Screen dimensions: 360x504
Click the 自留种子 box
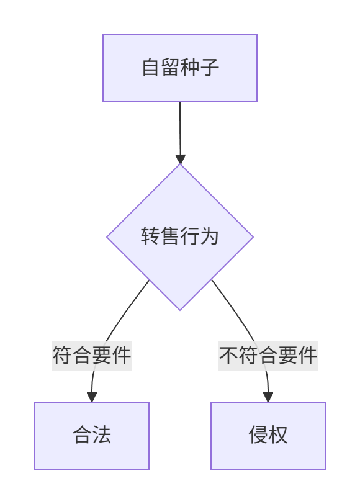pyautogui.click(x=180, y=68)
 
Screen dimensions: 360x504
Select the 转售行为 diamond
pyautogui.click(x=180, y=237)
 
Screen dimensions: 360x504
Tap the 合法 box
pyautogui.click(x=92, y=436)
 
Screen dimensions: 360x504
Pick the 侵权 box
pyautogui.click(x=268, y=436)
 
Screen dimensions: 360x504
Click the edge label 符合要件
pyautogui.click(x=92, y=356)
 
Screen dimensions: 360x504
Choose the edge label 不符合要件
pyautogui.click(x=268, y=356)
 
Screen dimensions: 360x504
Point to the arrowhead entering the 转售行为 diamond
pyautogui.click(x=181, y=159)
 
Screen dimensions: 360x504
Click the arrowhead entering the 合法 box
pyautogui.click(x=92, y=397)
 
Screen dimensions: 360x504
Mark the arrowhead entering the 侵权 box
pyautogui.click(x=268, y=397)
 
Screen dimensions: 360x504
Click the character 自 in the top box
pyautogui.click(x=151, y=67)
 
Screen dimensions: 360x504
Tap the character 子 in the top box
pyautogui.click(x=210, y=67)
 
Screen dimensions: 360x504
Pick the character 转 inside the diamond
pyautogui.click(x=150, y=236)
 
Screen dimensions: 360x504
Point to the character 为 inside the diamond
pyautogui.click(x=209, y=236)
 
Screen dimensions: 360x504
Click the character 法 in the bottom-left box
pyautogui.click(x=102, y=434)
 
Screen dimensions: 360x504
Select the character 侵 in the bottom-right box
pyautogui.click(x=258, y=434)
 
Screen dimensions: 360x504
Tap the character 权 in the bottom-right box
pyautogui.click(x=277, y=434)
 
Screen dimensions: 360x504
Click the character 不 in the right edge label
pyautogui.click(x=229, y=355)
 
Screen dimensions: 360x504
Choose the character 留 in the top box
pyautogui.click(x=171, y=67)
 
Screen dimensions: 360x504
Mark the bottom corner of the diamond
pyautogui.click(x=180, y=310)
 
